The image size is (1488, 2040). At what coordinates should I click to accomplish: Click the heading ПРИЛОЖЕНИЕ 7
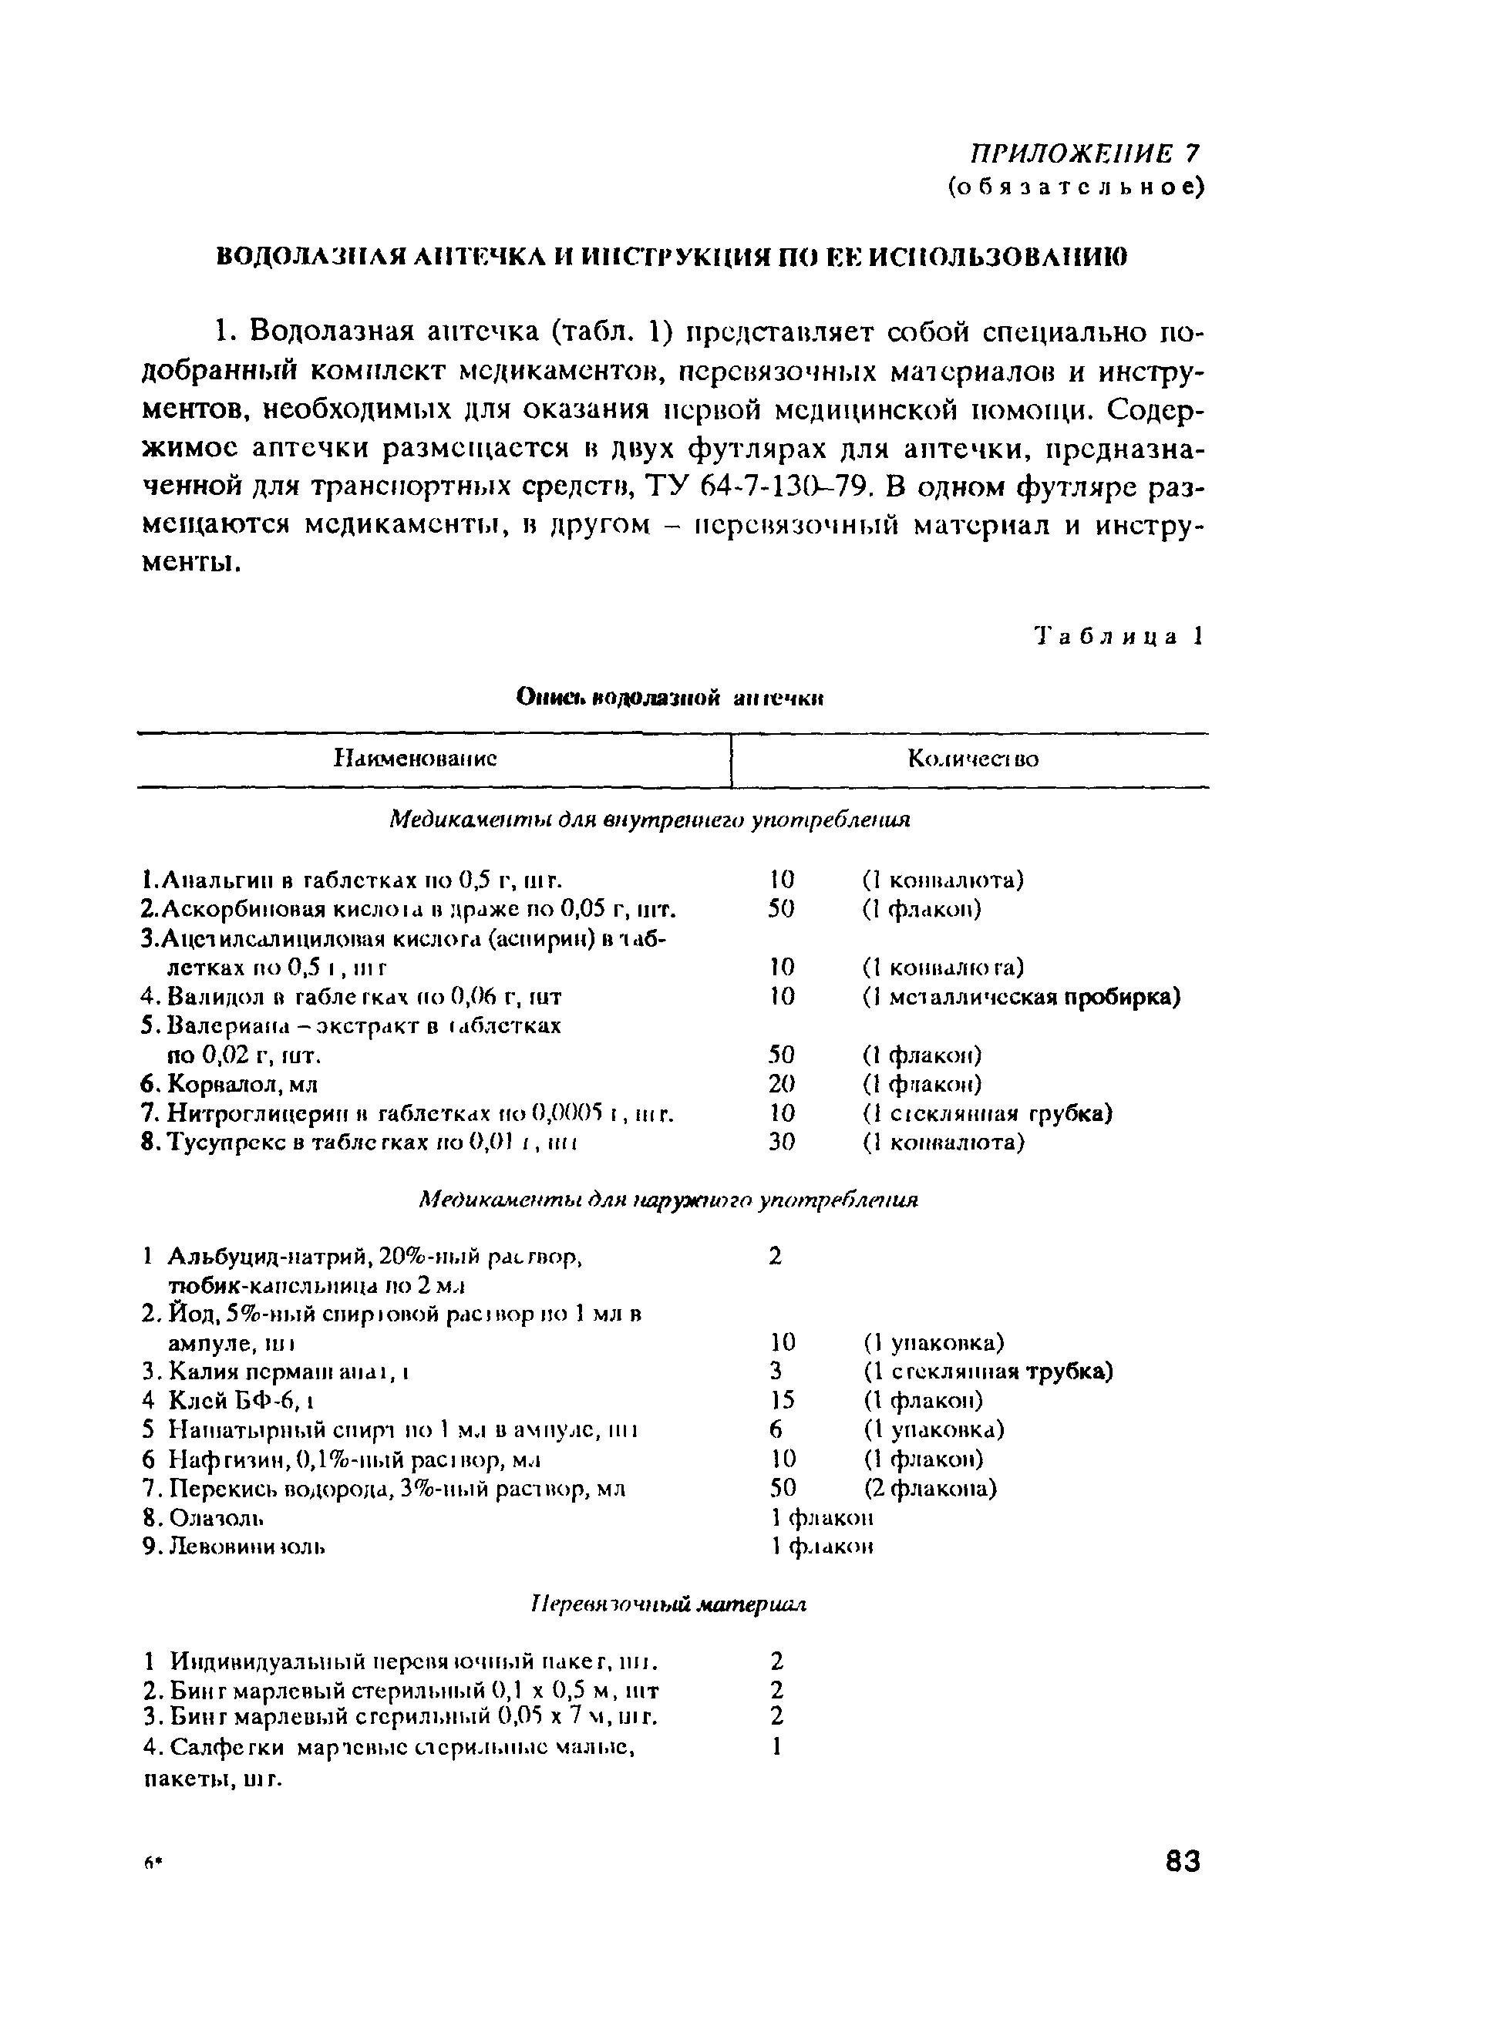(x=1085, y=153)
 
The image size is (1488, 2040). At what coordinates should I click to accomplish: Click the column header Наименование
(x=416, y=759)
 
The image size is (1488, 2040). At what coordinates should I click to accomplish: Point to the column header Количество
(x=973, y=759)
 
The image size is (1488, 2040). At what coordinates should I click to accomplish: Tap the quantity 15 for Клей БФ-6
(x=782, y=1401)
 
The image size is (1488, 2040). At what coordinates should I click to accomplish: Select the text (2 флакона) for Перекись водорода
(x=930, y=1488)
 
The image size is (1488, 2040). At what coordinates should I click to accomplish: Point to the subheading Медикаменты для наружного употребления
(x=669, y=1200)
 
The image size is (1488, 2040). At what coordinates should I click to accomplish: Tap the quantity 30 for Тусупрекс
(x=782, y=1142)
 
